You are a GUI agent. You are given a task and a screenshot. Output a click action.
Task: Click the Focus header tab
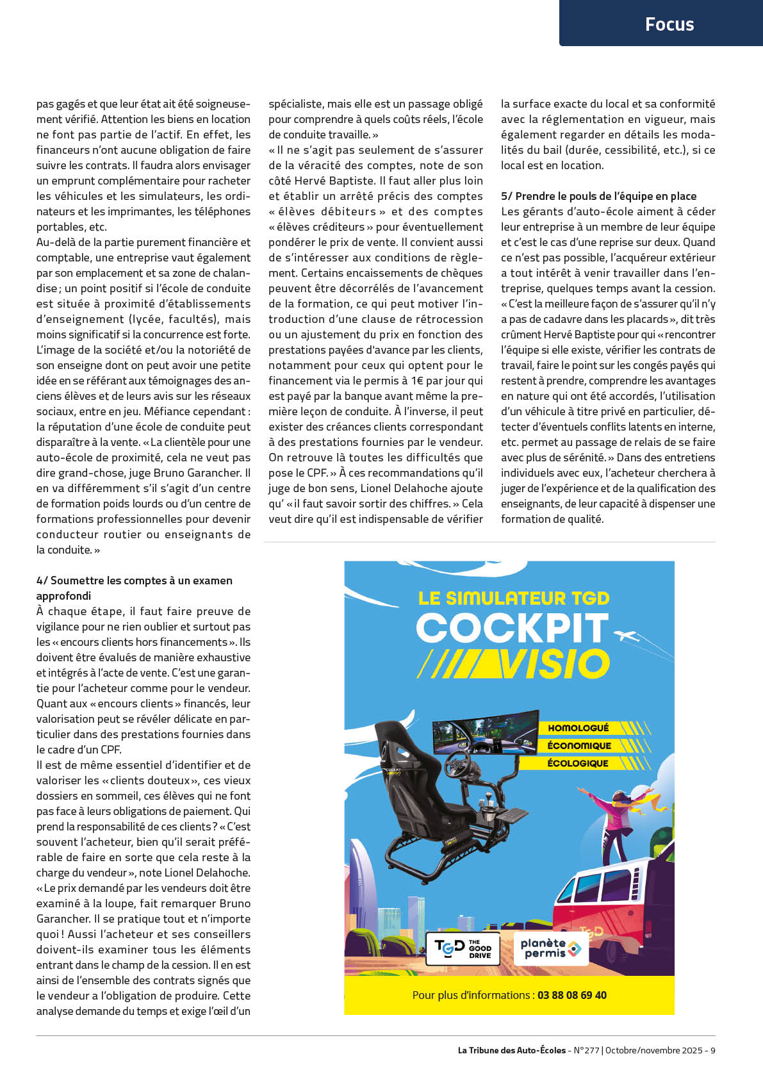tap(669, 24)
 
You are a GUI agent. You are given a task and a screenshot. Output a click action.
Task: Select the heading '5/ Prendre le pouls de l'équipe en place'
tap(598, 196)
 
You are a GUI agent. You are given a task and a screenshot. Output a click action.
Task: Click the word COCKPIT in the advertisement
tap(512, 628)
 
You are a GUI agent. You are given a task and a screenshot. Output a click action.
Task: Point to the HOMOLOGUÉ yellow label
tap(578, 728)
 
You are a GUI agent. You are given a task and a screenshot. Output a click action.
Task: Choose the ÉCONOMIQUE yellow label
tap(579, 746)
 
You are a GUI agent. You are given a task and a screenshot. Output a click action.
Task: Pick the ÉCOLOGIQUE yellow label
tap(578, 763)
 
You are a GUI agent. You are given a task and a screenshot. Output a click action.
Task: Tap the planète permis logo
tap(550, 948)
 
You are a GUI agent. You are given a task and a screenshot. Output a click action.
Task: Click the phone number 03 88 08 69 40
tap(571, 995)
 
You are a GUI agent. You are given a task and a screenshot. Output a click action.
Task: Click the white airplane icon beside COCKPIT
tap(627, 636)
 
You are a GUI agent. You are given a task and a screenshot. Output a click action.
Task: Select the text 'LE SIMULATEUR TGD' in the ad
tap(513, 598)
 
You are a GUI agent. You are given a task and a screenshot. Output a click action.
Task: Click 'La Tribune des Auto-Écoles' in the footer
tap(511, 1050)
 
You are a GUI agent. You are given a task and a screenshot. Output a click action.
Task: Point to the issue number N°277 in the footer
tap(586, 1050)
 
